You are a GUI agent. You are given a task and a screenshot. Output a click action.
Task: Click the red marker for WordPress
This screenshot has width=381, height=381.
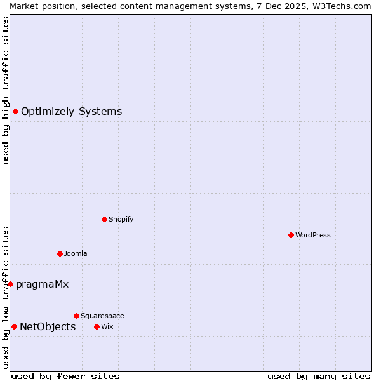click(291, 235)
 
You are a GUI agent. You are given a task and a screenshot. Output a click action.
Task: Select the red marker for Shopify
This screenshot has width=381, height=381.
click(104, 219)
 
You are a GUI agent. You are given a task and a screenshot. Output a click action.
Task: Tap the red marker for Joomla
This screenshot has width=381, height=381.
click(60, 253)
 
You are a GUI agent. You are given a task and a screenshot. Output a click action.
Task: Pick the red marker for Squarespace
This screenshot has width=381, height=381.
click(76, 316)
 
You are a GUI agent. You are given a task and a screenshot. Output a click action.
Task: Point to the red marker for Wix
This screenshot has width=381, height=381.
click(97, 326)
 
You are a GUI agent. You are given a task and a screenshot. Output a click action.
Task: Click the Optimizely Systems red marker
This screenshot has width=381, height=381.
click(15, 112)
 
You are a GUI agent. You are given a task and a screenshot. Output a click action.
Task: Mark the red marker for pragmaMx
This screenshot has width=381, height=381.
click(10, 284)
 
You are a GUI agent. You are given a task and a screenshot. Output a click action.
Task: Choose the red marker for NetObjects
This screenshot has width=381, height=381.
click(14, 326)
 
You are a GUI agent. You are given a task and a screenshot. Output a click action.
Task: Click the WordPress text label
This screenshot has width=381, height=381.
click(313, 235)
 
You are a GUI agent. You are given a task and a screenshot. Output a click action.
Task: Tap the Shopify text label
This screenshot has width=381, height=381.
click(121, 219)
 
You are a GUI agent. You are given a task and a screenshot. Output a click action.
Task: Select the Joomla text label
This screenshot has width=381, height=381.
click(76, 253)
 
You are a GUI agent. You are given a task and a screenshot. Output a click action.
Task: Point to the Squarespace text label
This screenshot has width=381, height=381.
click(102, 316)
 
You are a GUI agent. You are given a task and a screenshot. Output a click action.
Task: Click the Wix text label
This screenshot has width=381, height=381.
click(107, 326)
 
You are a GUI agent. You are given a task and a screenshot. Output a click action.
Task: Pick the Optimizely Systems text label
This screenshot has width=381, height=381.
click(71, 112)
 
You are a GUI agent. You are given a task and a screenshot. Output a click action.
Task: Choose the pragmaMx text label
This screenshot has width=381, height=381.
click(42, 284)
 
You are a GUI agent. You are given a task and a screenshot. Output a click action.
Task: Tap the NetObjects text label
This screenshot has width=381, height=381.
click(48, 326)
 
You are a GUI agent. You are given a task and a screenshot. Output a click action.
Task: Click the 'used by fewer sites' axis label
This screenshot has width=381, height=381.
click(65, 376)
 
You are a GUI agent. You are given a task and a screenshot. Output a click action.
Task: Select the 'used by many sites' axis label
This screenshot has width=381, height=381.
click(319, 376)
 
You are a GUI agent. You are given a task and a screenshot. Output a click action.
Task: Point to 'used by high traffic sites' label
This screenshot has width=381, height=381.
click(6, 90)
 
